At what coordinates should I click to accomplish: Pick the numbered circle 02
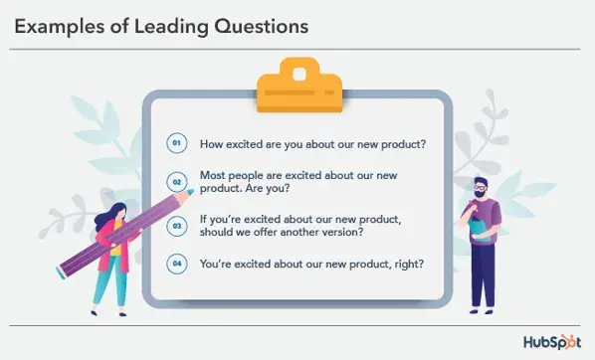[177, 182]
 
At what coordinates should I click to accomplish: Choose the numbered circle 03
[177, 226]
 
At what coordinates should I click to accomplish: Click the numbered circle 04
[177, 264]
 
